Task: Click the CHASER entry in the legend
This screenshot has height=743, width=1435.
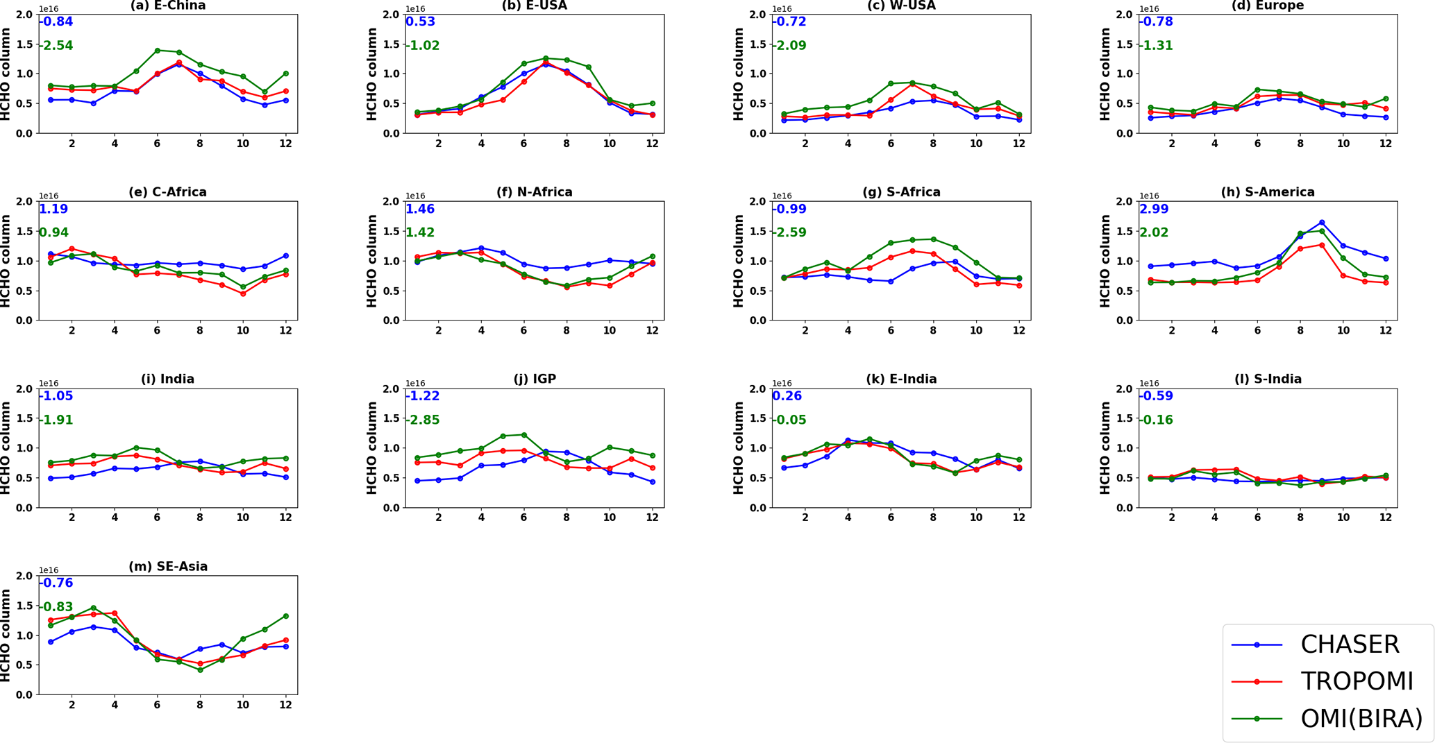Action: (x=1349, y=644)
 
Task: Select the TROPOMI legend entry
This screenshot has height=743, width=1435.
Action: (x=1356, y=682)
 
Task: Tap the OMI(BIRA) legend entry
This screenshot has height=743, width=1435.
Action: (x=1361, y=719)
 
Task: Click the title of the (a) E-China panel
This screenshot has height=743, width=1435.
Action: (x=168, y=6)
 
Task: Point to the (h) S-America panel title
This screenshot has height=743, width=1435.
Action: (x=1268, y=192)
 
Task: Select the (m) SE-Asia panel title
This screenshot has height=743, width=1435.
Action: (x=168, y=567)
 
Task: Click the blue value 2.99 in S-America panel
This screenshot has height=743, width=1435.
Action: (x=1154, y=209)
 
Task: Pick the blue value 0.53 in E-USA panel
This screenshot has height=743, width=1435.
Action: (x=421, y=22)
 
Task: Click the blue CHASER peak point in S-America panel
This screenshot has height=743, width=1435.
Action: (x=1322, y=223)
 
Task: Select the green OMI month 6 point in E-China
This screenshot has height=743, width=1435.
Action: (x=158, y=51)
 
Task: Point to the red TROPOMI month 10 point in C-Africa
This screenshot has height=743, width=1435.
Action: (x=243, y=293)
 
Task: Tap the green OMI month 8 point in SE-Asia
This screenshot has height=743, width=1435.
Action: (x=200, y=669)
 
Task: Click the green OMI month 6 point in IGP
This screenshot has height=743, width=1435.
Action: (x=524, y=435)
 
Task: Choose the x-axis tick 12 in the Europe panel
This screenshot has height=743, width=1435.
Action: (x=1385, y=144)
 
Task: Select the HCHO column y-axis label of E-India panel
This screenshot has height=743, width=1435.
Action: (x=738, y=447)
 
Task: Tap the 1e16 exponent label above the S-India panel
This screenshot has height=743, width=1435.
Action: (x=1149, y=384)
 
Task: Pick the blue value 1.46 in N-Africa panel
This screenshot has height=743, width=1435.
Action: (x=420, y=209)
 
